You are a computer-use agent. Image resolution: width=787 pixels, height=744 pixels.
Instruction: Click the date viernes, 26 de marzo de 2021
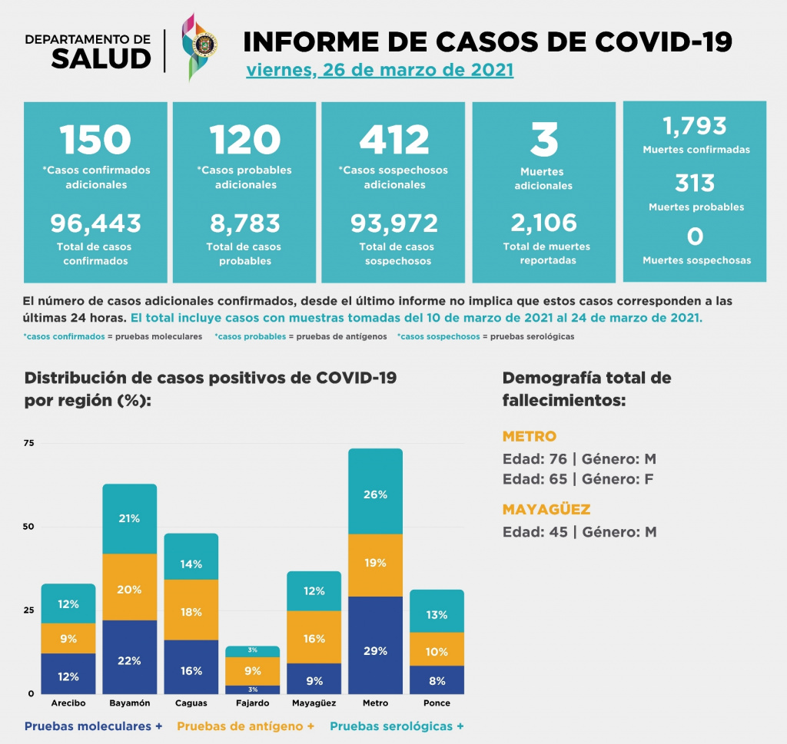(x=380, y=71)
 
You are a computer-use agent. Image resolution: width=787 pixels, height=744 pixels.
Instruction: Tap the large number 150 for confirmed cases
(x=96, y=140)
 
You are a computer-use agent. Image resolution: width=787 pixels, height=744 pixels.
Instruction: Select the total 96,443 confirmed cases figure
(x=96, y=223)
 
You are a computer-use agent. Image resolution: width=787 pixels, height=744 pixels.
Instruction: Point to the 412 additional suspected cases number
(x=394, y=140)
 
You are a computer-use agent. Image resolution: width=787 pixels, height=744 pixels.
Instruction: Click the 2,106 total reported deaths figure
(x=544, y=223)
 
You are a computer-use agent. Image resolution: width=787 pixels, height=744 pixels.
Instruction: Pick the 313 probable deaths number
(x=695, y=184)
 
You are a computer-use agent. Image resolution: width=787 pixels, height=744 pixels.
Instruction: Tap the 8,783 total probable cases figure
(x=244, y=223)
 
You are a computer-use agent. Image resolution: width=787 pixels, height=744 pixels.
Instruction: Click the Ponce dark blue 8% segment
(x=437, y=680)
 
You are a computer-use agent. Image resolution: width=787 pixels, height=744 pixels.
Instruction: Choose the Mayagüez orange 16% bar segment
(x=314, y=637)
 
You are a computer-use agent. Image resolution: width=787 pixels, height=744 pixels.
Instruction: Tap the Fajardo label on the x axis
(x=253, y=703)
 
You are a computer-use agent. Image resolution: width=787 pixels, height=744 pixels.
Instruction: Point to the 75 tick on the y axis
(x=29, y=443)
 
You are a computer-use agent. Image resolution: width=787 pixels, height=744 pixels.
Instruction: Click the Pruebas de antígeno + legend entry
(x=246, y=726)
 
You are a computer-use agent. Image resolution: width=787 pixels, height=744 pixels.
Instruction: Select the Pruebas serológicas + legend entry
(x=397, y=726)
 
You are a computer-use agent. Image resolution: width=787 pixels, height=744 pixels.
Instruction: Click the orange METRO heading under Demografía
(x=529, y=436)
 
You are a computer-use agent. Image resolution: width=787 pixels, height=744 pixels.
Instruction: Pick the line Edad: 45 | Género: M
(x=579, y=532)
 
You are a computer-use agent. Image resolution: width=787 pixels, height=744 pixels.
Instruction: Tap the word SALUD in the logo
(x=101, y=58)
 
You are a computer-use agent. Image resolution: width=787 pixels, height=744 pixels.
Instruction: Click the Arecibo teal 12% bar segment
(x=68, y=603)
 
